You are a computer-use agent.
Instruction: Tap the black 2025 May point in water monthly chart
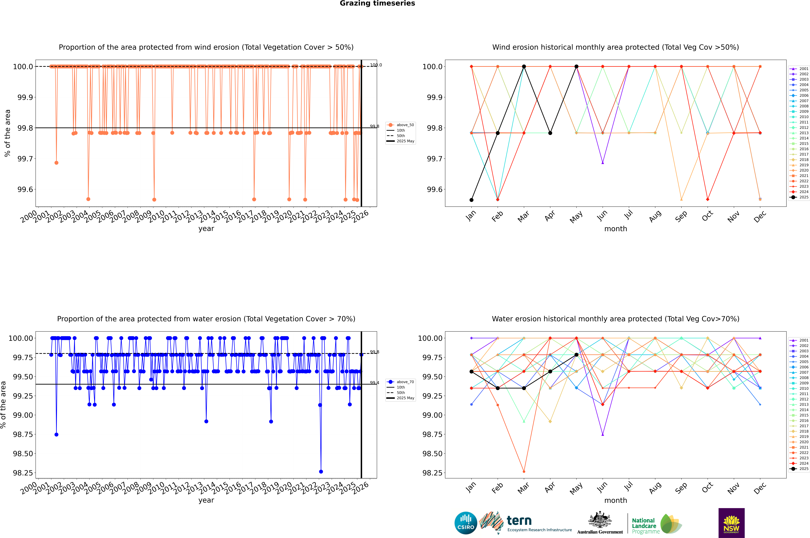[576, 355]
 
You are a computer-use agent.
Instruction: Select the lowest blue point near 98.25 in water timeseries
[321, 471]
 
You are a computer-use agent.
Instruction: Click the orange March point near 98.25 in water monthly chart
[524, 471]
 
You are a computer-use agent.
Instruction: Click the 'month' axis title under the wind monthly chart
[615, 229]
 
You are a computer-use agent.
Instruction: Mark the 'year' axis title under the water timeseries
[206, 500]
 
